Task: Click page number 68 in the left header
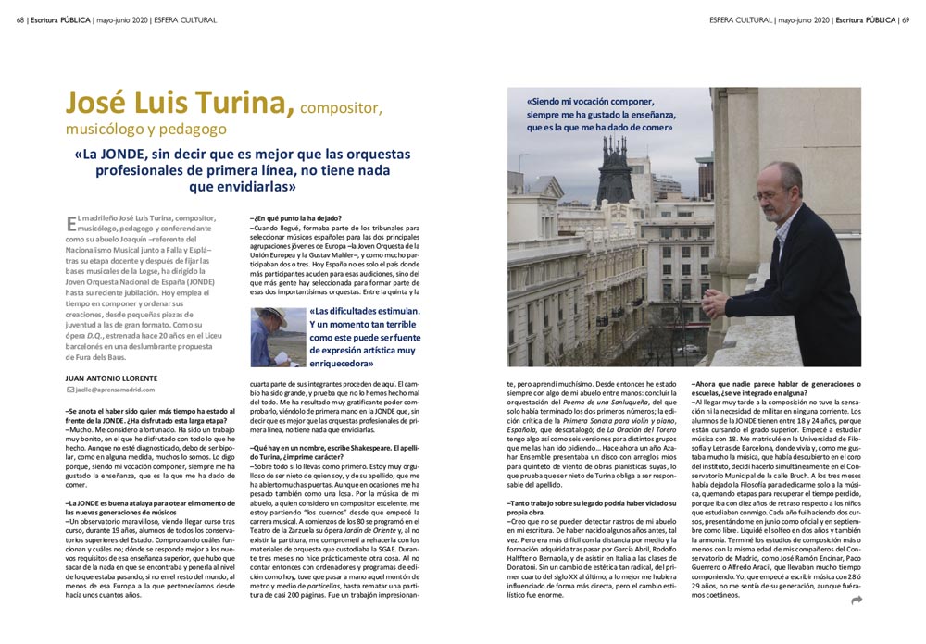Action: pyautogui.click(x=20, y=19)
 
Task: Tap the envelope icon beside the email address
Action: pyautogui.click(x=69, y=390)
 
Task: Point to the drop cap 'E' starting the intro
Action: pyautogui.click(x=71, y=222)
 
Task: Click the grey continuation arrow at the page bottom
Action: pyautogui.click(x=857, y=600)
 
